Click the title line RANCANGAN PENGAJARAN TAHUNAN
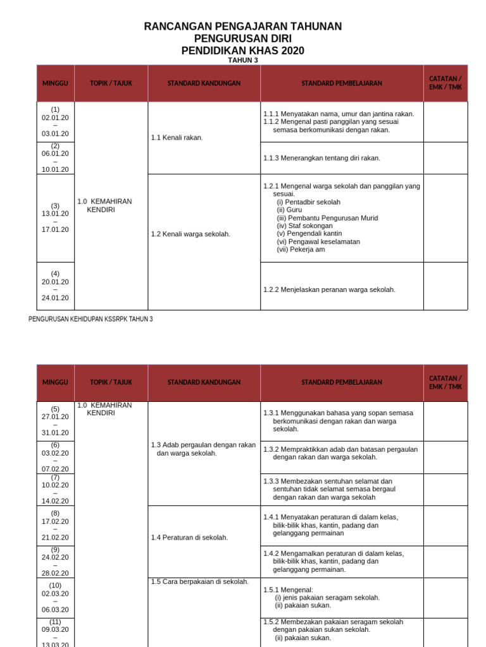point(243,27)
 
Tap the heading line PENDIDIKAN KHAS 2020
point(243,51)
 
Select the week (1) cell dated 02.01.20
point(56,121)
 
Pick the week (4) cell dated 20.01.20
point(56,286)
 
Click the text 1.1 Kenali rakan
point(177,137)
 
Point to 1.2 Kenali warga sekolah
point(190,234)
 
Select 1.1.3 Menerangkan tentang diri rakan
point(321,158)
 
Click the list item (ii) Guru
point(289,210)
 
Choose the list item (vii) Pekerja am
point(301,250)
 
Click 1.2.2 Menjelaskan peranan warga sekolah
point(329,289)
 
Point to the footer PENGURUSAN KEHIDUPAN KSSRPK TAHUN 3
point(90,319)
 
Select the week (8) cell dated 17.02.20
point(56,525)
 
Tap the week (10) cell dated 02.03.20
point(56,597)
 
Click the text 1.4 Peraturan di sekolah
point(189,537)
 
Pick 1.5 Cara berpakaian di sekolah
point(199,582)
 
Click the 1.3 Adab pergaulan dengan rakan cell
point(202,449)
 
